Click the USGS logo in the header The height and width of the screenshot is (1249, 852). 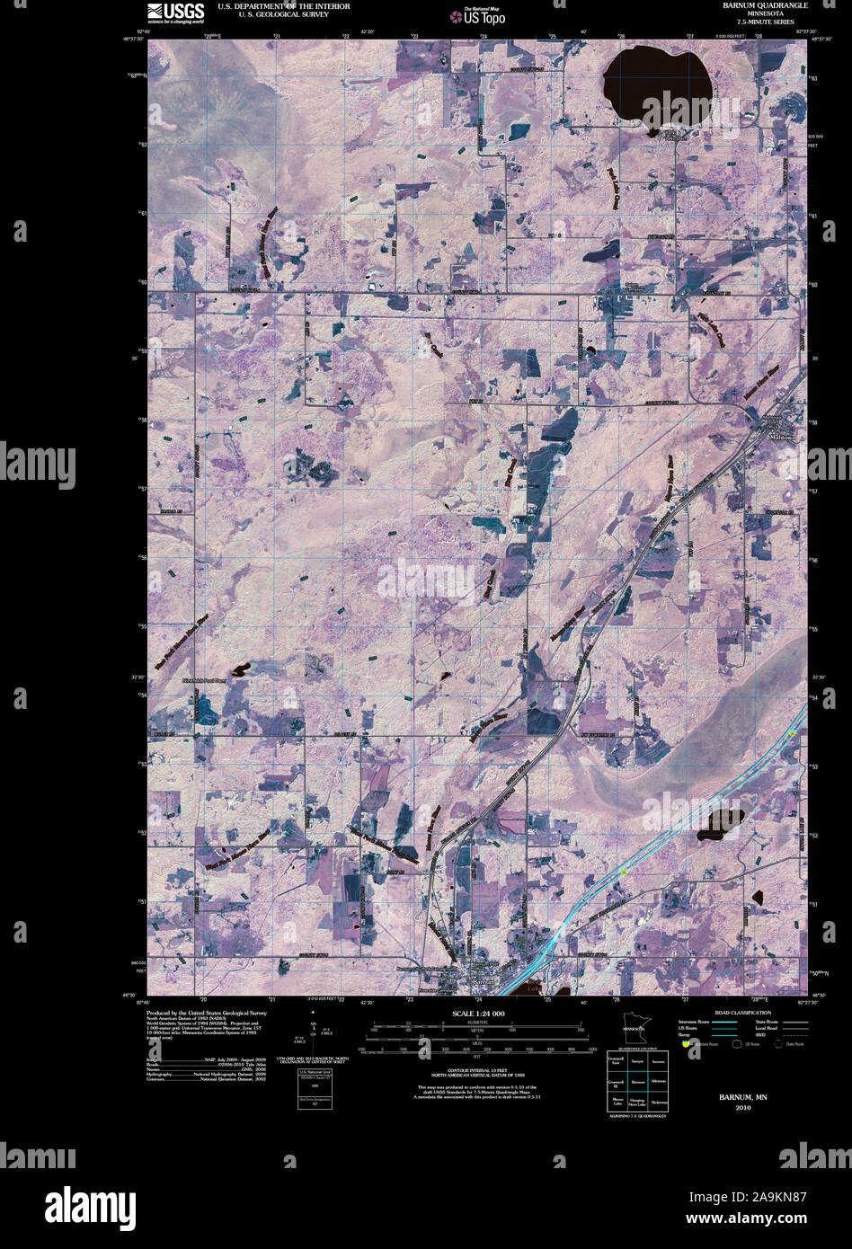pos(175,11)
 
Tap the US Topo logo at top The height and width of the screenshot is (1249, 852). pos(484,16)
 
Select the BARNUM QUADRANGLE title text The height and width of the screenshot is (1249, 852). pos(765,5)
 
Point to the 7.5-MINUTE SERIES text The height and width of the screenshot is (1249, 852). pos(765,22)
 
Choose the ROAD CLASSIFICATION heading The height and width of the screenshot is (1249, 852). pos(742,1013)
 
